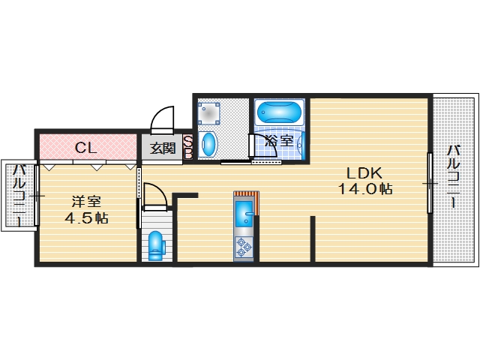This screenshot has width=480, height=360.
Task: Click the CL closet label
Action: coord(86,148)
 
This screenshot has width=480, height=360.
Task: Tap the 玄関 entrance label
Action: coord(163,148)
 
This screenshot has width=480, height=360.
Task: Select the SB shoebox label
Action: coord(187,147)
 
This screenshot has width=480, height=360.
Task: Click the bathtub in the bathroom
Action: coord(279,112)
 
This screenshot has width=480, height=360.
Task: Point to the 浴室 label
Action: coord(279,141)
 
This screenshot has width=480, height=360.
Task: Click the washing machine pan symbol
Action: coord(208,113)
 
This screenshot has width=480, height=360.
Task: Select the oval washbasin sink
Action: coord(208,144)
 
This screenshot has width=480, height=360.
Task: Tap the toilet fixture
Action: coord(156,246)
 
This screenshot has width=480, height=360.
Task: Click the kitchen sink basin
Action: coord(244,214)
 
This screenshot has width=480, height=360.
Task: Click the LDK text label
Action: coord(364,173)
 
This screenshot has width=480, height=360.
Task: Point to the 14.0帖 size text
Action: coord(365,189)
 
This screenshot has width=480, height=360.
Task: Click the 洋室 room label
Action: coord(86,202)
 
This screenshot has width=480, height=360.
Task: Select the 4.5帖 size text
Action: coord(86,218)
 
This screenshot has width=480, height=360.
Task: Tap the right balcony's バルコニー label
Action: coord(454,177)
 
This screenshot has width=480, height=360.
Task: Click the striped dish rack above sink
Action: coord(247,196)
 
